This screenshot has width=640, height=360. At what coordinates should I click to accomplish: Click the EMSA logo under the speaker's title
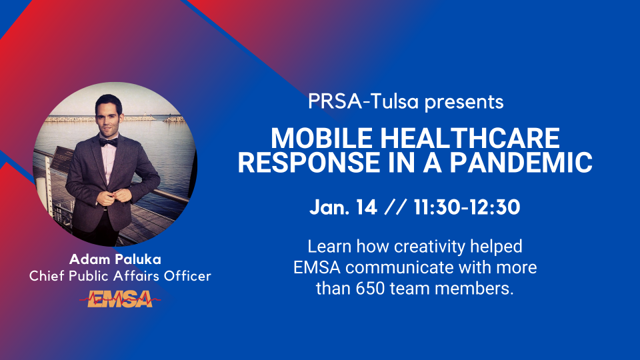120,299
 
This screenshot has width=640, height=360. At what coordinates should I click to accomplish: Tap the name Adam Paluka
115,259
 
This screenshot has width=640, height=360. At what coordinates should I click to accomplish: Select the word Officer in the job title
188,276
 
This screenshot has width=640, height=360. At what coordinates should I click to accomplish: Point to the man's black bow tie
109,143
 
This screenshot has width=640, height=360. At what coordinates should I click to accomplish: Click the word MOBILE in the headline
321,138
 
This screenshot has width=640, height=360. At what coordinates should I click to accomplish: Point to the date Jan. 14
343,207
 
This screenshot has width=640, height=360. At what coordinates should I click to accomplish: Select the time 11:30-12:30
467,207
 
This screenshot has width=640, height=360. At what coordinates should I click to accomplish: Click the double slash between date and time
395,207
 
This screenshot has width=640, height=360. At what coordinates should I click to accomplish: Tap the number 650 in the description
370,289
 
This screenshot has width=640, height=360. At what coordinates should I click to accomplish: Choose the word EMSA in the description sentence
317,268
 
